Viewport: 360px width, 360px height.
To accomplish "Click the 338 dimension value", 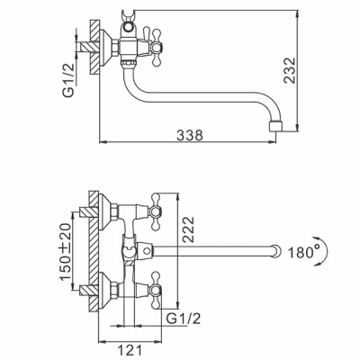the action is tap(190, 135).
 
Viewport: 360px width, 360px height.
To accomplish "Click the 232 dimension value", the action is tap(290, 70).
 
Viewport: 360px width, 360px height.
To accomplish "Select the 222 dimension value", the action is tap(189, 229).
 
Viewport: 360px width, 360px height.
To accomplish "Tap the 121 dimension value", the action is tap(130, 350).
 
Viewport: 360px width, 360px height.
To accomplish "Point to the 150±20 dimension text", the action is tap(67, 252).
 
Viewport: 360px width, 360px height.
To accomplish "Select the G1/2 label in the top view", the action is tap(68, 80).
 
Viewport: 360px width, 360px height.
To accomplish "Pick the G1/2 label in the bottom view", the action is tap(184, 319).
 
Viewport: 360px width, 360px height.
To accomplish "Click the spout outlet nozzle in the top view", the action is tap(276, 126).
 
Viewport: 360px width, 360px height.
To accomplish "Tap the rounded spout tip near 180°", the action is tap(276, 251).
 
